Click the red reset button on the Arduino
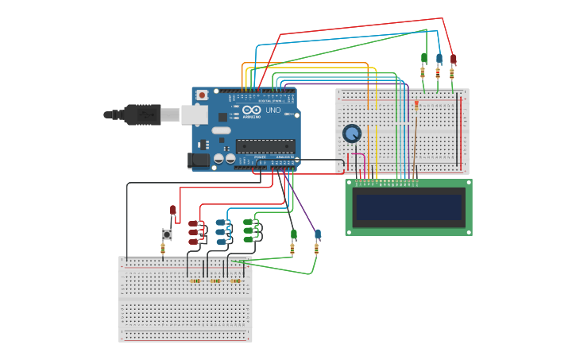click(202, 95)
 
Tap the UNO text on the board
click(272, 110)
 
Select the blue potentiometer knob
click(352, 134)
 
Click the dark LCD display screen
click(408, 207)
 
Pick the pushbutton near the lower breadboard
click(167, 234)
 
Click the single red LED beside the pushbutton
click(173, 211)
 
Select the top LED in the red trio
click(193, 223)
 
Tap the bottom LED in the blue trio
click(221, 240)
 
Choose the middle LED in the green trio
click(248, 230)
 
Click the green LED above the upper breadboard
click(423, 58)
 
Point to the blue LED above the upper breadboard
click(439, 58)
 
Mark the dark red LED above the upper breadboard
click(454, 58)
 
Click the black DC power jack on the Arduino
click(199, 161)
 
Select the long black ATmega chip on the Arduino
click(265, 146)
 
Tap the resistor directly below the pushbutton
click(163, 249)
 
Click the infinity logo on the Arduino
click(250, 110)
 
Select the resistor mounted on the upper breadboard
click(416, 104)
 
